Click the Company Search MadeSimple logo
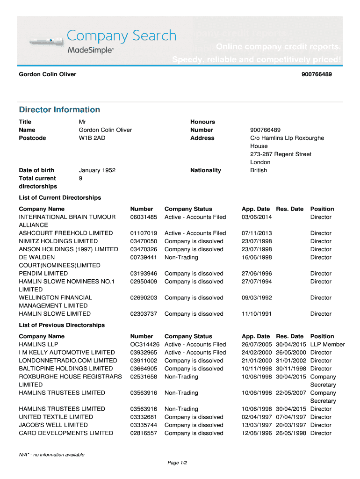click(103, 41)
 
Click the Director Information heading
click(59, 109)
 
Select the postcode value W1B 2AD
click(92, 138)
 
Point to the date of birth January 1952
click(97, 170)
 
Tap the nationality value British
click(259, 170)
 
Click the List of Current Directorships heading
click(60, 197)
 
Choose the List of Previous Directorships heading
click(62, 325)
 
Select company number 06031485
click(144, 217)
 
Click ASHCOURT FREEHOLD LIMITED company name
click(65, 233)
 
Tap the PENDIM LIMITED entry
click(43, 273)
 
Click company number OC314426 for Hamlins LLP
click(145, 344)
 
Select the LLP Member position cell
click(327, 344)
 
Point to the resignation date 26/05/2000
click(291, 352)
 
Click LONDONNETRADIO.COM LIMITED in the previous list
click(68, 361)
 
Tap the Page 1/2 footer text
click(177, 463)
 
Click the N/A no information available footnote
click(51, 455)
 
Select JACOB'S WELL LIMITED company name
click(53, 425)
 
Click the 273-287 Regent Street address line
click(281, 154)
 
